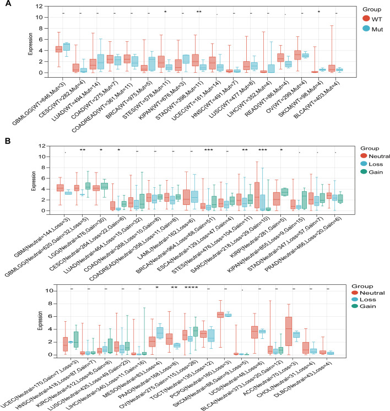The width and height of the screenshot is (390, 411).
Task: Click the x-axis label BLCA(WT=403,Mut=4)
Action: (313, 99)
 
